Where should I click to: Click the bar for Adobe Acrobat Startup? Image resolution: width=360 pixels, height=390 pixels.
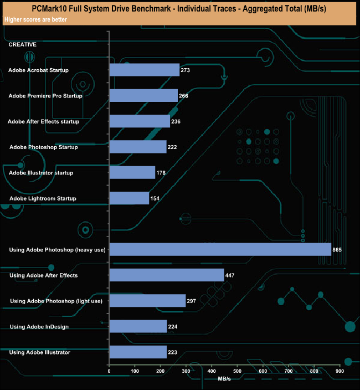click(145, 70)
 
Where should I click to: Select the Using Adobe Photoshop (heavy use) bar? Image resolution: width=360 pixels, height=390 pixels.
click(220, 250)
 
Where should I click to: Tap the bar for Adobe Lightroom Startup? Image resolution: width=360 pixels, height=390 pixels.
click(129, 198)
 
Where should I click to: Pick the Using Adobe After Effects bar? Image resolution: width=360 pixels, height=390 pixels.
click(167, 275)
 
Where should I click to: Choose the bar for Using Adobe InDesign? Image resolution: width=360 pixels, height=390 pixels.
click(138, 326)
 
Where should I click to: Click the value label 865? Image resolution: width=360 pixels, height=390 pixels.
click(337, 250)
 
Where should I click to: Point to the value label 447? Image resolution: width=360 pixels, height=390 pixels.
click(232, 275)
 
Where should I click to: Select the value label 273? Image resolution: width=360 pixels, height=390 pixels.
click(187, 70)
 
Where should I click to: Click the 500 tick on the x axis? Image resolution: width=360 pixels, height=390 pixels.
click(237, 371)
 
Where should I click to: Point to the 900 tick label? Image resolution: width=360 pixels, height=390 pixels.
click(340, 371)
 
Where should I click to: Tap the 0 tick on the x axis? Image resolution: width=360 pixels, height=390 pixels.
click(110, 371)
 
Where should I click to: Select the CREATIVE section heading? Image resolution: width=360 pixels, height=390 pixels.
click(23, 44)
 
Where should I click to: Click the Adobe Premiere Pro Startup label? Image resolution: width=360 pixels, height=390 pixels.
click(45, 96)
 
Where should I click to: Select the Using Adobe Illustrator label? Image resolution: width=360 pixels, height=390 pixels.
click(40, 352)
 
